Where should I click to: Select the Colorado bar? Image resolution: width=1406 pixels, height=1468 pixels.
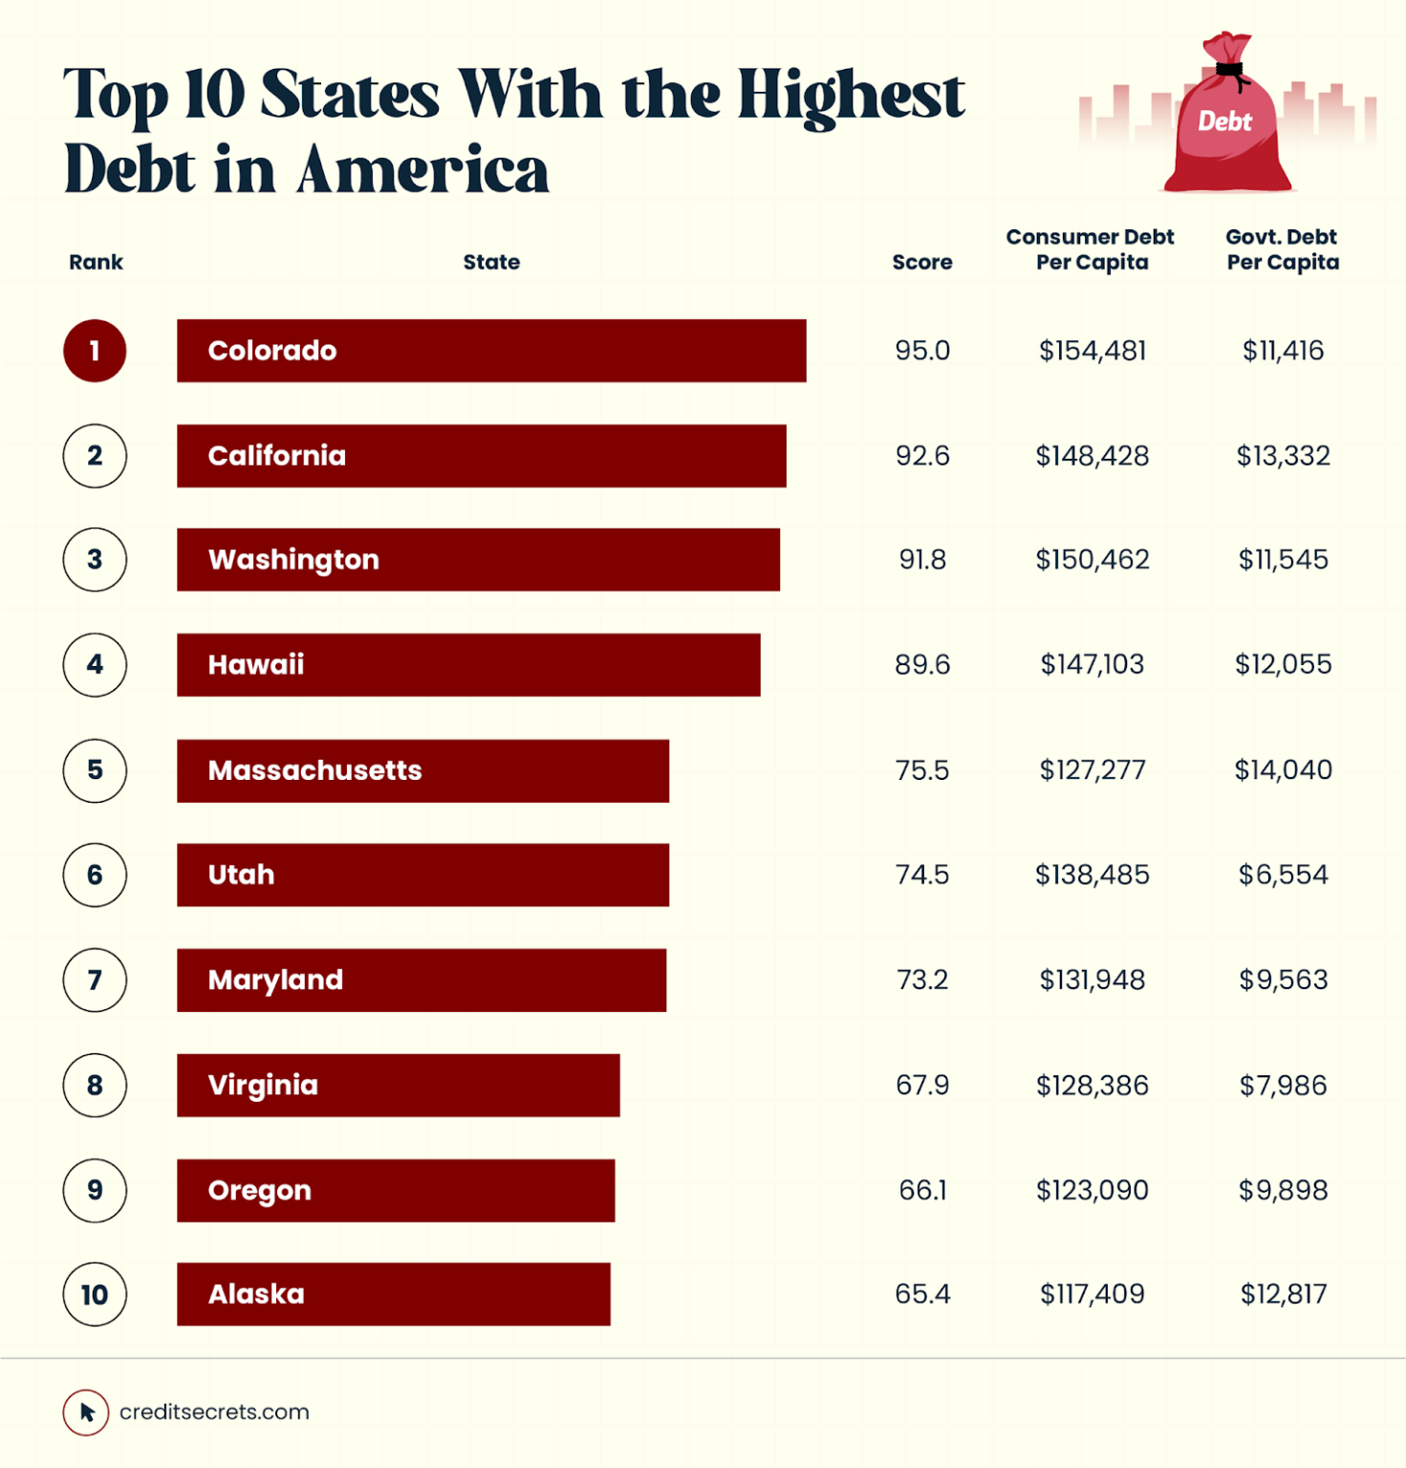click(491, 351)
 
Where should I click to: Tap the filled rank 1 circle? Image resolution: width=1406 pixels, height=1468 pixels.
click(95, 351)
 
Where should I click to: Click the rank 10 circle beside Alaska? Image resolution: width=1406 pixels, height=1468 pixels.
click(95, 1294)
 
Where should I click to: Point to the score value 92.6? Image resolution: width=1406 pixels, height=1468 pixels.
click(922, 456)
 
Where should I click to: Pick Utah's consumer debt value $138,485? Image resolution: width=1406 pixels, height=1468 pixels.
click(1092, 874)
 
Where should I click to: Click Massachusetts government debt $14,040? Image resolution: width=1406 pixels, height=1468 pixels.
click(1283, 769)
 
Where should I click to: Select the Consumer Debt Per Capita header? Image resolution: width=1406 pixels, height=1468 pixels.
click(1091, 249)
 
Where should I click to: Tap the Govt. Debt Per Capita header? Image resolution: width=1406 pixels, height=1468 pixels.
click(1282, 249)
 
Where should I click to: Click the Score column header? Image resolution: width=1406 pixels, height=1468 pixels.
click(921, 262)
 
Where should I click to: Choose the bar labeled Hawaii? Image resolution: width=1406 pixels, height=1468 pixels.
click(468, 664)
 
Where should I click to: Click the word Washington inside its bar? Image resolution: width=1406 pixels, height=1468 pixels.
click(293, 560)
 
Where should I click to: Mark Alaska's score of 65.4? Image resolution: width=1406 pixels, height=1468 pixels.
click(922, 1294)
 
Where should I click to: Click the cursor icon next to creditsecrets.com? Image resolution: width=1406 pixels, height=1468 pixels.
click(86, 1412)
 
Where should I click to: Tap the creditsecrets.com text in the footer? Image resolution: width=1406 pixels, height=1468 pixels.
click(214, 1412)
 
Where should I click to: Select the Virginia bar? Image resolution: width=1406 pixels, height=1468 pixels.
click(399, 1085)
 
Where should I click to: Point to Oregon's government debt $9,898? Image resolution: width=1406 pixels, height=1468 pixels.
click(1283, 1190)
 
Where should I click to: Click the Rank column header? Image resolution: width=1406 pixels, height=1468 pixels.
click(96, 262)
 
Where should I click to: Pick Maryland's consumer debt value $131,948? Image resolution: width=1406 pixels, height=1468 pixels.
click(1092, 980)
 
